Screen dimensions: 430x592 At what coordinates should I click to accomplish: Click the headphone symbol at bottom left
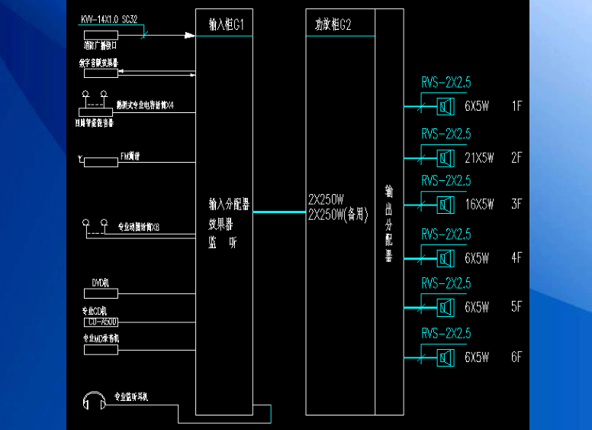[95, 401]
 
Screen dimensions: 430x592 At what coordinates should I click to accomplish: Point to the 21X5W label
[479, 158]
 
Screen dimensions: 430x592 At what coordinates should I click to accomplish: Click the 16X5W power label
[479, 205]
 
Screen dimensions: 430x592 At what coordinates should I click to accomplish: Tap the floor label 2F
[516, 158]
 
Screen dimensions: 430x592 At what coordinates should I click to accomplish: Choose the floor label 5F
[516, 307]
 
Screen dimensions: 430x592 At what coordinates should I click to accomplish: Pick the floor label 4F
[516, 258]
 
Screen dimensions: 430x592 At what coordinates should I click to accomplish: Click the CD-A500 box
[100, 322]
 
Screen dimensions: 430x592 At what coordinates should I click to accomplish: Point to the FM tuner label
[130, 157]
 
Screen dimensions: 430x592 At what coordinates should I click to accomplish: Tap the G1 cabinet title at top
[226, 24]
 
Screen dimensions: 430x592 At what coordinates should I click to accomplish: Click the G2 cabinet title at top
[333, 24]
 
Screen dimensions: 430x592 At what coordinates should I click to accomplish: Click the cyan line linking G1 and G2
[279, 212]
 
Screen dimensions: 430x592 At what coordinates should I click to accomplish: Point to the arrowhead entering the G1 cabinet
[190, 34]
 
